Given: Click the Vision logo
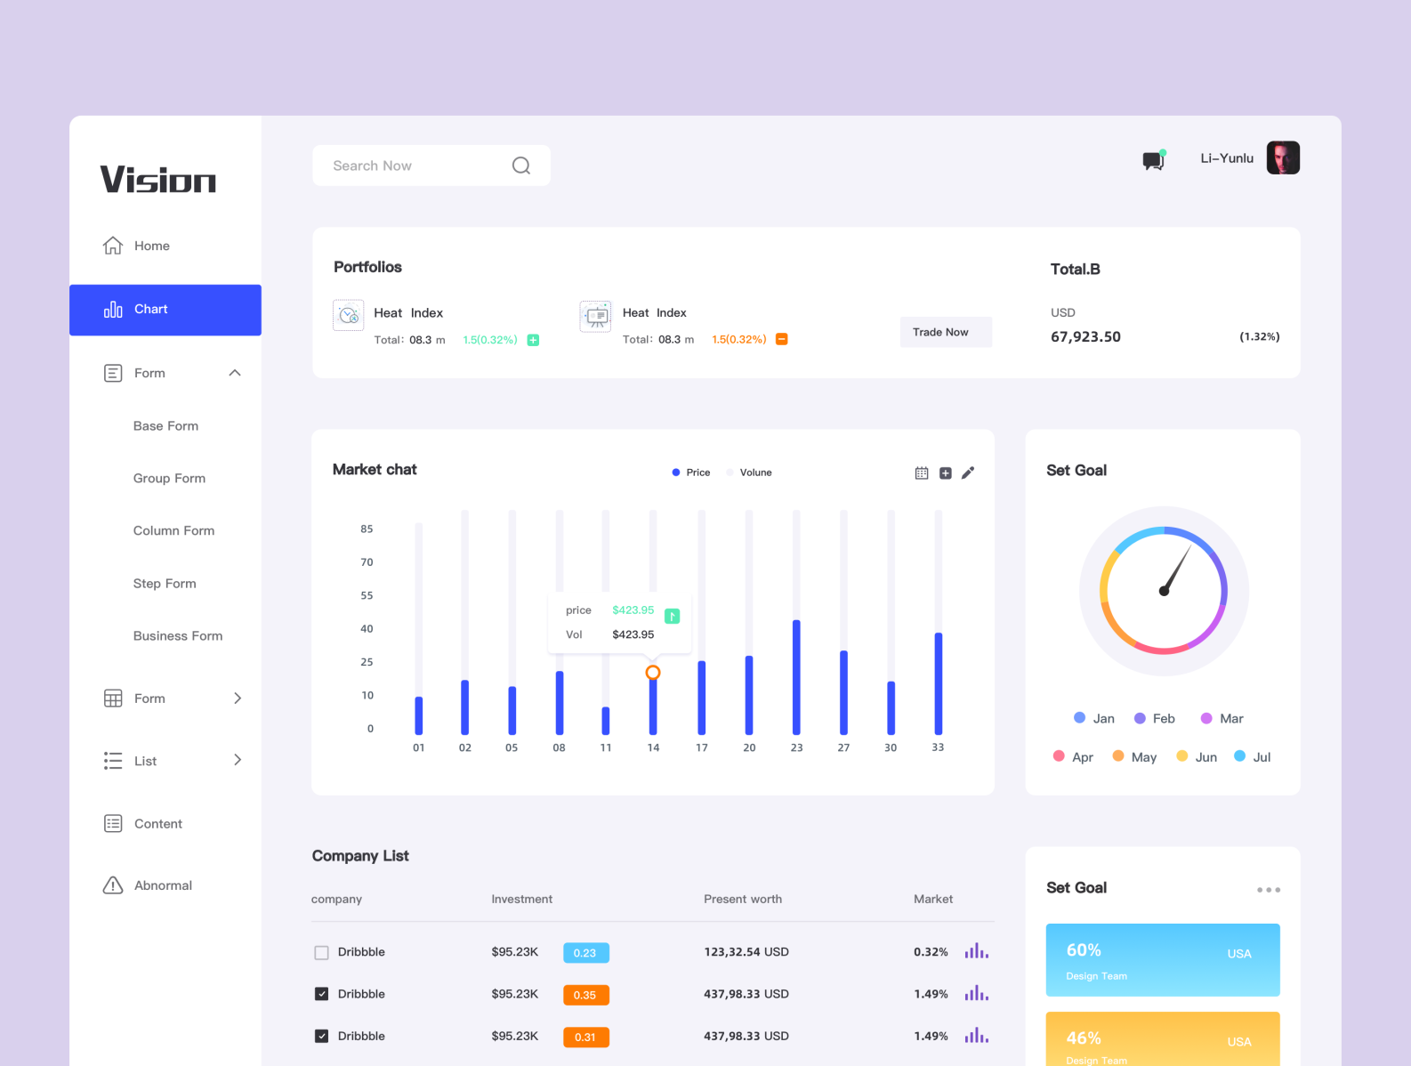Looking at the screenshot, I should point(157,180).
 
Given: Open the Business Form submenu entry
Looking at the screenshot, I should point(178,636).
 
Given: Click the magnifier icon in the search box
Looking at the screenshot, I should point(521,166).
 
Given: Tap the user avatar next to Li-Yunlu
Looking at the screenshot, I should point(1282,158).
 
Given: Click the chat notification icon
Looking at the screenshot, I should point(1153,160).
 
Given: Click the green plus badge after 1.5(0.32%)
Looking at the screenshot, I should point(533,340).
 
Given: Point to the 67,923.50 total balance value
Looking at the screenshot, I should point(1085,337).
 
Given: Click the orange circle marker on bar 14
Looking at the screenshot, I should point(653,673).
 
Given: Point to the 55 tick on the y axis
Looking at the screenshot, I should point(367,595).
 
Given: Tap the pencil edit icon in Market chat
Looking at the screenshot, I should point(968,472).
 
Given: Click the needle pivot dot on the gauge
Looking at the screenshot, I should point(1164,591).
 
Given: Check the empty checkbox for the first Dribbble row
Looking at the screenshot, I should point(322,952).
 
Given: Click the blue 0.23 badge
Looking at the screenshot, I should point(585,953).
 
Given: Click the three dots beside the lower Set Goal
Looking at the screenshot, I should point(1269,890).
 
